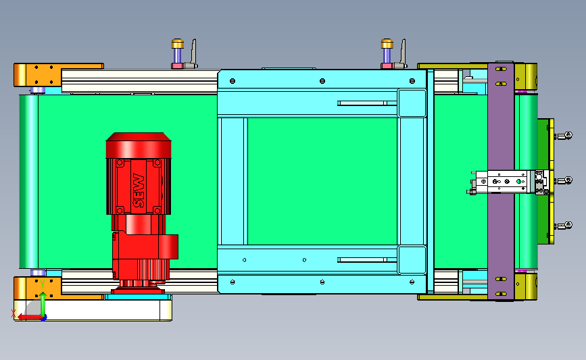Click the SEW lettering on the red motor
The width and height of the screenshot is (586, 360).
[139, 190]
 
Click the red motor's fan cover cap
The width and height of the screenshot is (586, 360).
[139, 145]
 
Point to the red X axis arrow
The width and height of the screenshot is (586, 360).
[30, 317]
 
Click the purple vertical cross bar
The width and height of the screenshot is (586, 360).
[501, 181]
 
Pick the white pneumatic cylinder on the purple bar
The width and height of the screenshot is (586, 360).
[504, 182]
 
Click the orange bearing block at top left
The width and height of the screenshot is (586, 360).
[38, 75]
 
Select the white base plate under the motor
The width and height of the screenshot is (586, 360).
[93, 310]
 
